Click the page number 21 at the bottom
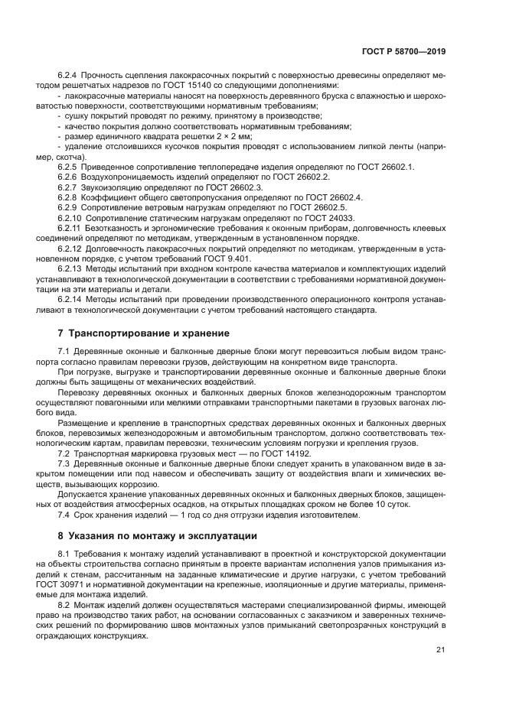pyautogui.click(x=439, y=650)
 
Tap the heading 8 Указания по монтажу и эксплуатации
pyautogui.click(x=157, y=535)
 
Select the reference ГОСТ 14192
pyautogui.click(x=282, y=453)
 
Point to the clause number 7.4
pyautogui.click(x=64, y=515)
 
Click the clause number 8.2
pyautogui.click(x=64, y=604)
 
